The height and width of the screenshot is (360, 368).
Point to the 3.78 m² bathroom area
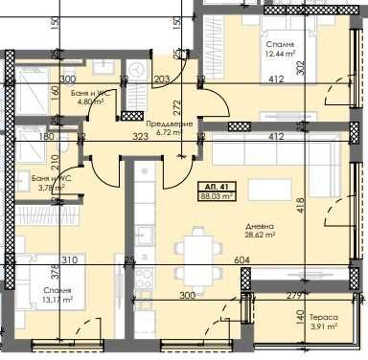click(51, 188)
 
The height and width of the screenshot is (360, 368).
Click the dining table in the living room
click(197, 244)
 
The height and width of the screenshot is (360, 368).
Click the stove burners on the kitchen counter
click(145, 281)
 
